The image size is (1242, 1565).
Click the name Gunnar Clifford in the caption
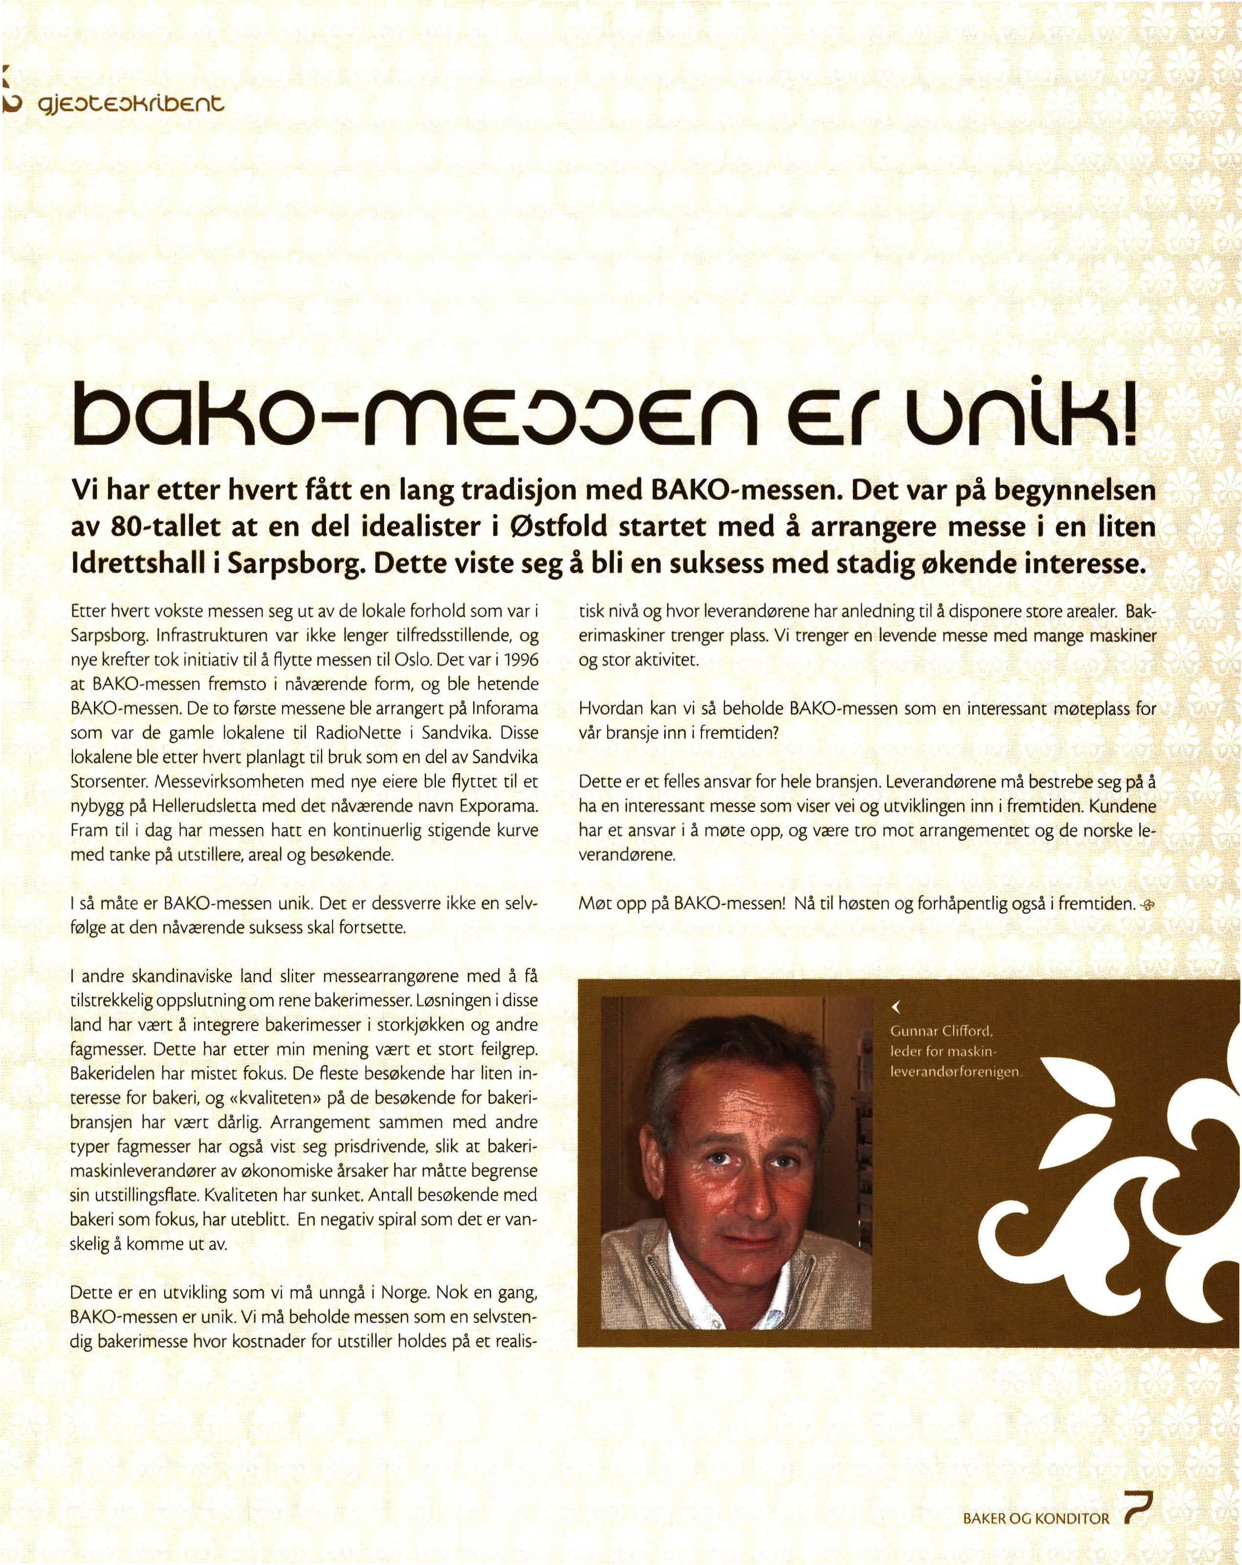pyautogui.click(x=941, y=1031)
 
